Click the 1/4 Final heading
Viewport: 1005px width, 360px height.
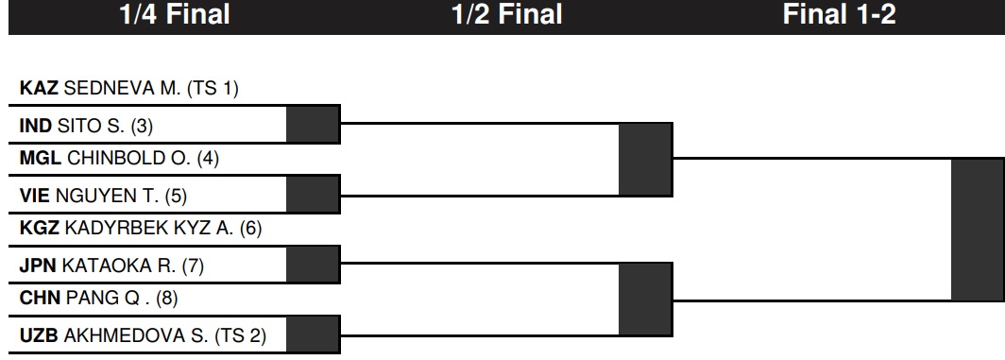tap(175, 14)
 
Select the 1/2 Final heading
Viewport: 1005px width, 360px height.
tap(507, 14)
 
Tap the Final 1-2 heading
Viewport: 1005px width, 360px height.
tap(839, 14)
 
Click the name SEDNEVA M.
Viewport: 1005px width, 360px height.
tap(123, 88)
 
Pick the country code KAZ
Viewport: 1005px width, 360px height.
tap(39, 88)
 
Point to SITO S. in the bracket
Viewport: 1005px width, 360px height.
tap(91, 126)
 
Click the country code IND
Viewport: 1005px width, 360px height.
tap(36, 126)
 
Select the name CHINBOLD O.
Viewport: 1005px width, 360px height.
tap(128, 158)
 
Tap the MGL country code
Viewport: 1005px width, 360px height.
tap(41, 158)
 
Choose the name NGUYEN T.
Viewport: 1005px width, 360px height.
tap(107, 196)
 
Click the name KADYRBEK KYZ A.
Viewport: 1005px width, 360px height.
tap(149, 228)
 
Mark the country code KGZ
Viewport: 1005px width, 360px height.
tap(40, 228)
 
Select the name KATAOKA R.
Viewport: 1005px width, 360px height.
tap(119, 266)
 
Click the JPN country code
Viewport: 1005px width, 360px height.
tap(38, 266)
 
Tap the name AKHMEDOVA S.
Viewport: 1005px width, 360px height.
tap(136, 335)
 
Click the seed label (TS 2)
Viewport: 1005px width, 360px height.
tap(240, 335)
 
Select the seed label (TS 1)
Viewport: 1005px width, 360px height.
tap(213, 88)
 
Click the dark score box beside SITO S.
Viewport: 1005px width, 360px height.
tap(313, 125)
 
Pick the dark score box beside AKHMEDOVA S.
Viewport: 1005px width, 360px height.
tap(313, 334)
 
